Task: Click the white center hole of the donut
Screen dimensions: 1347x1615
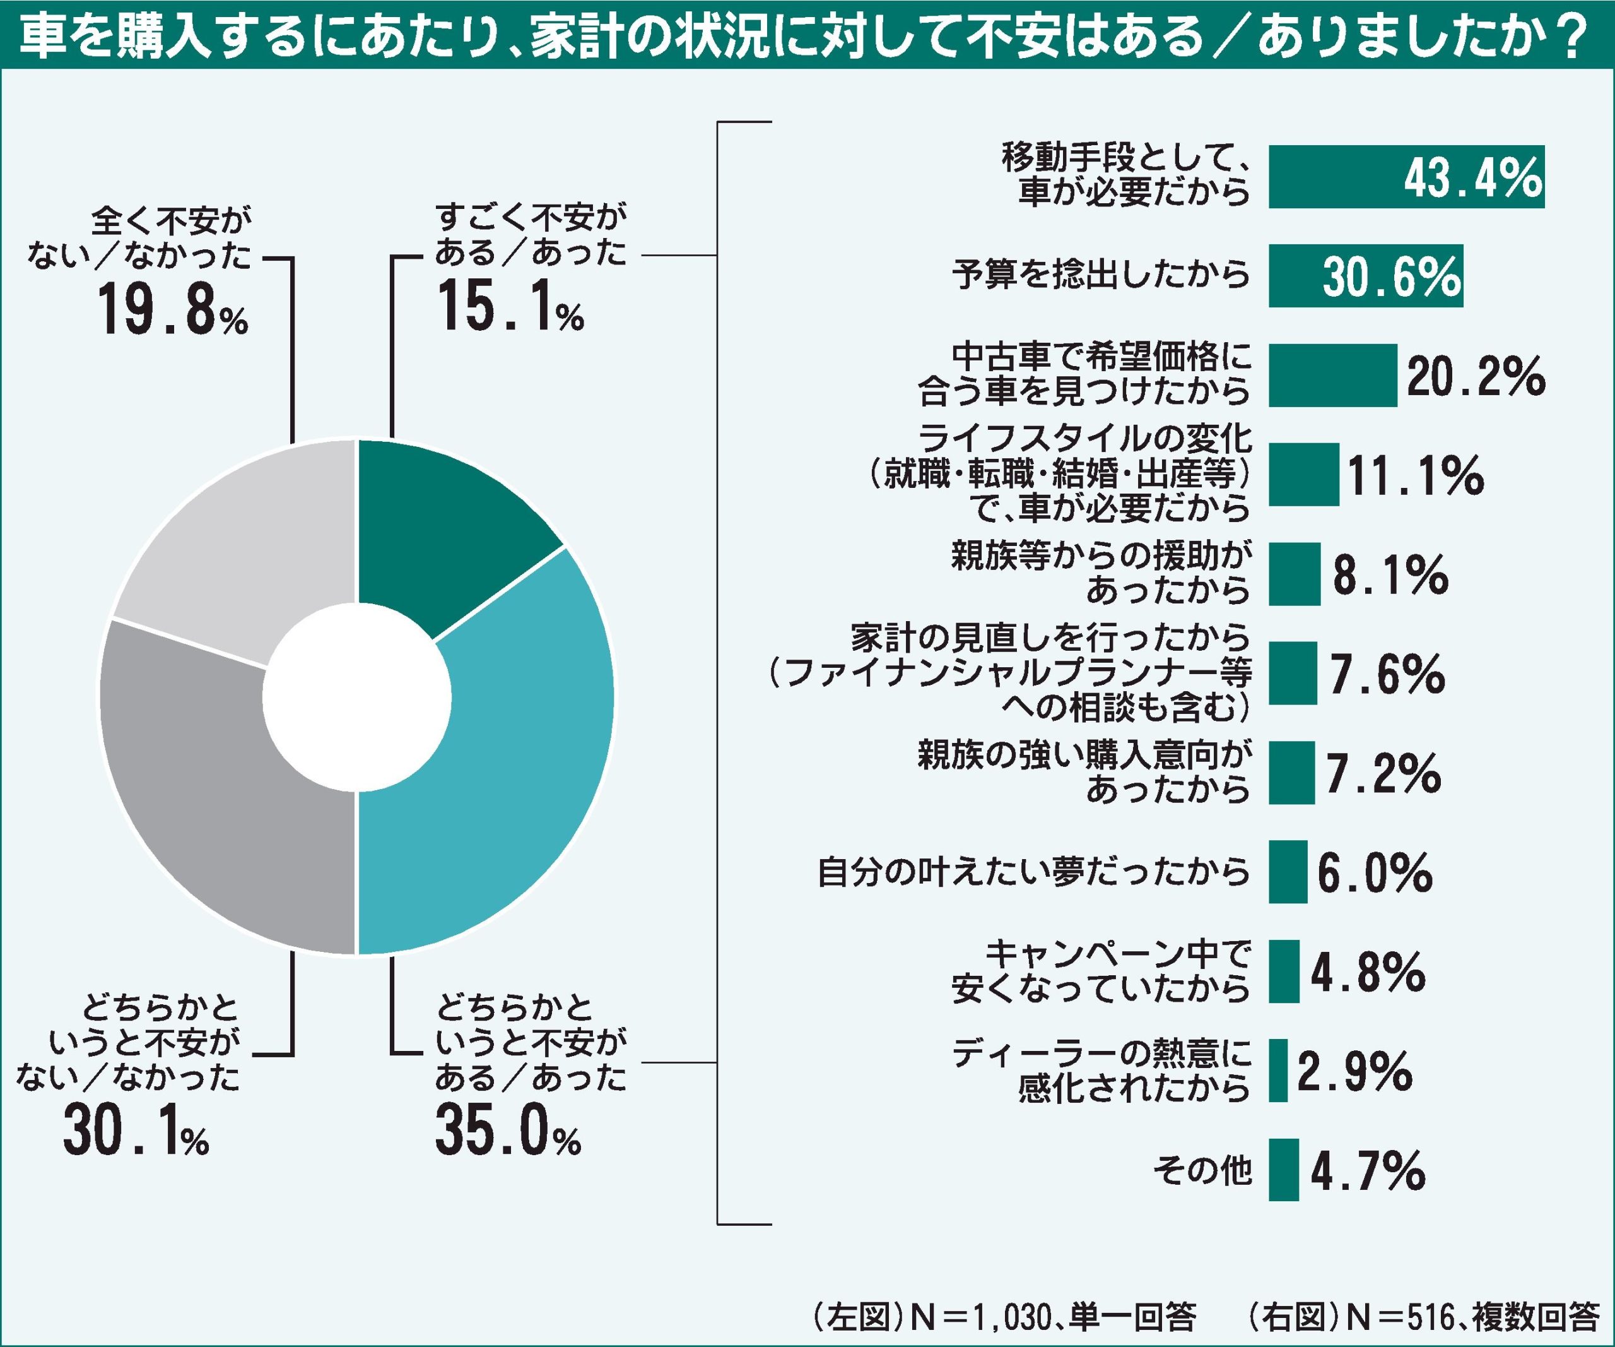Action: pyautogui.click(x=356, y=697)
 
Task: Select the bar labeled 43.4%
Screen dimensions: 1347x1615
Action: pyautogui.click(x=1406, y=177)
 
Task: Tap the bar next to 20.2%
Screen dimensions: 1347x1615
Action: pyautogui.click(x=1332, y=376)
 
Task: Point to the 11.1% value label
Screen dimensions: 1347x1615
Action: pyautogui.click(x=1415, y=475)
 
